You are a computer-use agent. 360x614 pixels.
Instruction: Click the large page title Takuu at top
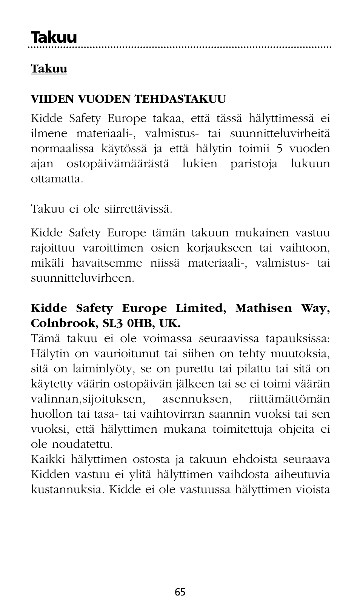(x=54, y=37)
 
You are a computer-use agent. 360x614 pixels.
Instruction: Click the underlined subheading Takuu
(x=49, y=69)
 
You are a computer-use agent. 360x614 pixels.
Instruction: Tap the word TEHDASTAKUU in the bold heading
(x=180, y=99)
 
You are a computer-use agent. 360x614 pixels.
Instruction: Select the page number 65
(x=180, y=592)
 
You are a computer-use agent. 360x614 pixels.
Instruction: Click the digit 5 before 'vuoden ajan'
(x=279, y=148)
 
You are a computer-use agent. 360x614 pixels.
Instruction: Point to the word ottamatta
(x=57, y=179)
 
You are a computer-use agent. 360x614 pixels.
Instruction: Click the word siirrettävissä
(x=138, y=209)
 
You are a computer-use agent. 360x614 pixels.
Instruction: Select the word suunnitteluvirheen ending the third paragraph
(x=82, y=279)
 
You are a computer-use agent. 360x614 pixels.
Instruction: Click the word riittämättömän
(x=289, y=399)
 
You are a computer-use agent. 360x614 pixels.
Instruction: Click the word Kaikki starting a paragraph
(x=47, y=460)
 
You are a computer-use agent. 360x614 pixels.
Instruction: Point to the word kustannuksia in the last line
(x=66, y=490)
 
